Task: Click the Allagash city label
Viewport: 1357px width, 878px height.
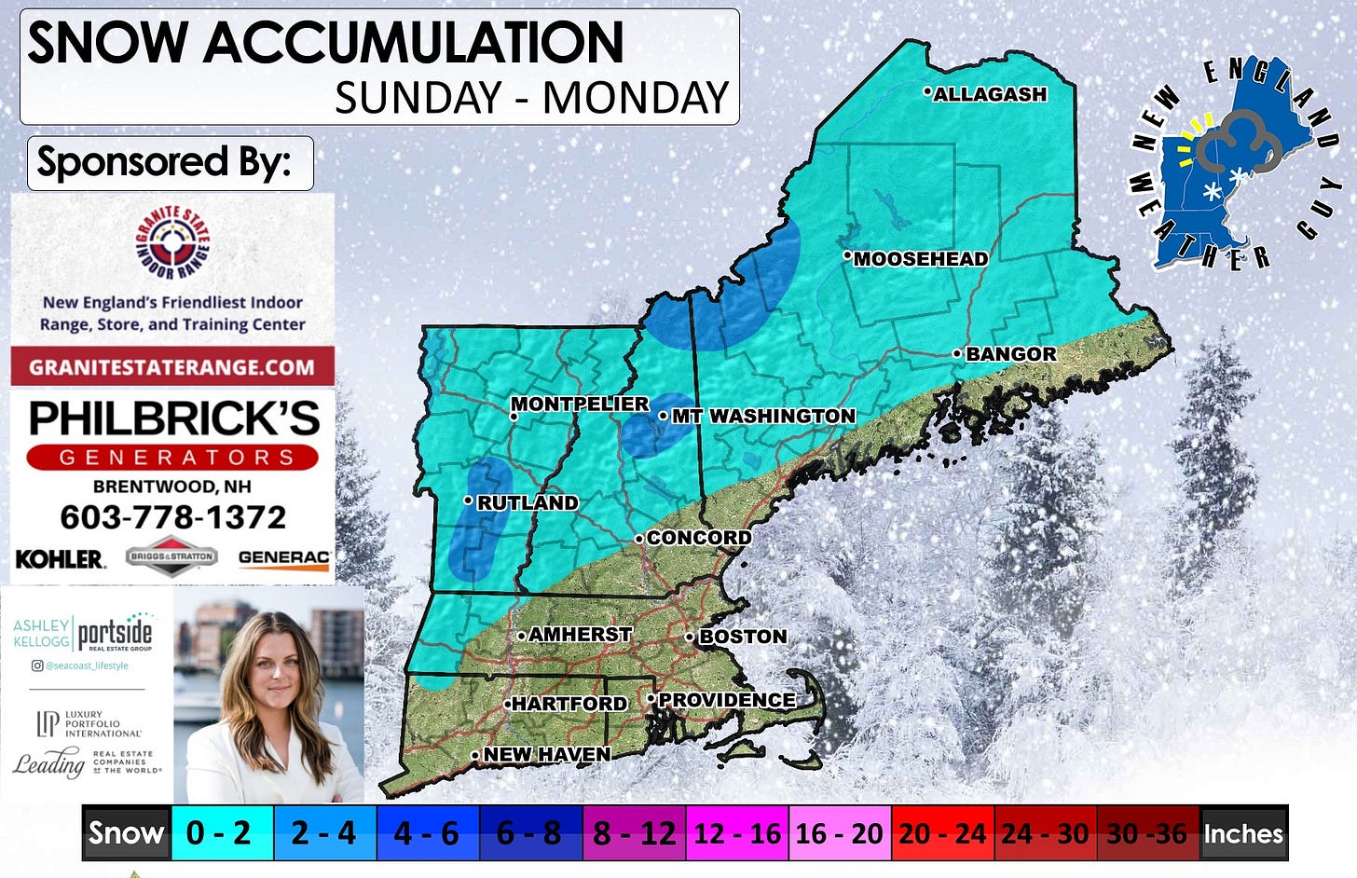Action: tap(990, 94)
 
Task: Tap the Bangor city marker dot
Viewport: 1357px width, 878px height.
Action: tap(957, 353)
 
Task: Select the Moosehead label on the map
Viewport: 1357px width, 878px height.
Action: tap(921, 259)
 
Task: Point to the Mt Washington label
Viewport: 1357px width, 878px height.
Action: tap(763, 416)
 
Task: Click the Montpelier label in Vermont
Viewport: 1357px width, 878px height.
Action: tap(580, 404)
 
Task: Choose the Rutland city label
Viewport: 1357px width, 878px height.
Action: tap(528, 502)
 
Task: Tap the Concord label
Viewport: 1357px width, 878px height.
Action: tap(699, 538)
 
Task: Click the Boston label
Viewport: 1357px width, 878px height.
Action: tap(743, 637)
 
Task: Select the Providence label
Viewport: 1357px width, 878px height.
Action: tap(727, 700)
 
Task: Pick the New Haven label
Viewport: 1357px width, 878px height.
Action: tap(547, 754)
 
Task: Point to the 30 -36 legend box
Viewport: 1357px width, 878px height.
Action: tap(1146, 832)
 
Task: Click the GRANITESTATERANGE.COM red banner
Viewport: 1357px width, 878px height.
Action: tap(172, 366)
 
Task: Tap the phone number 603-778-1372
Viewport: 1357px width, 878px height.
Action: tap(172, 517)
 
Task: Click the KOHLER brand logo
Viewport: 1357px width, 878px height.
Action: tap(60, 559)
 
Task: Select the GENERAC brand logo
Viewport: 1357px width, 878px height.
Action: tap(283, 558)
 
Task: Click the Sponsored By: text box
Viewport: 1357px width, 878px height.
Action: tap(170, 163)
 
